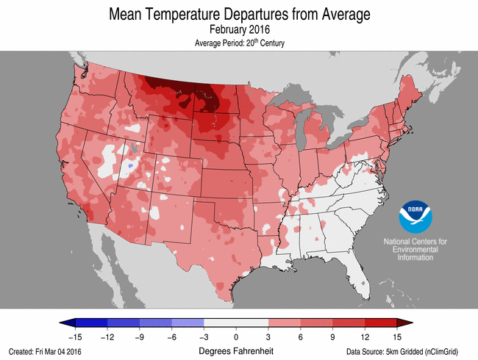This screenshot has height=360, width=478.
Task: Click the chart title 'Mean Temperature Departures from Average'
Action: (238, 14)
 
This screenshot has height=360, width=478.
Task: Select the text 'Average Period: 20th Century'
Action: (238, 43)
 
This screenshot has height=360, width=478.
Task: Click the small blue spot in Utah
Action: (130, 166)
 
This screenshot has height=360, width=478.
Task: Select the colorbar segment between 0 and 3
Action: (252, 323)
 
